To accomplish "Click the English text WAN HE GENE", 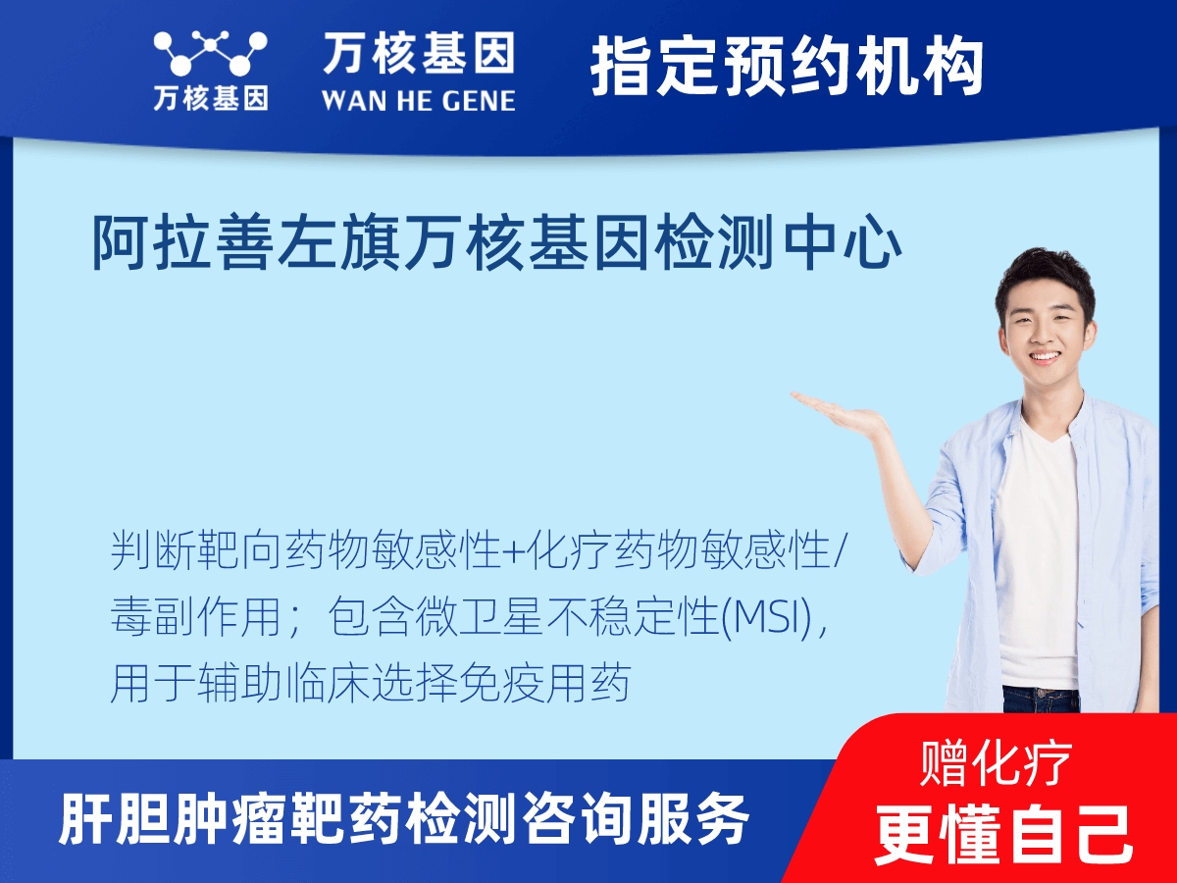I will click(x=418, y=99).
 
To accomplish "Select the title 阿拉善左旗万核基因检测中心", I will click(x=496, y=245).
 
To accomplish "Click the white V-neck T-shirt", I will click(x=1038, y=549).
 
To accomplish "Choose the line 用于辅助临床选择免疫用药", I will click(x=369, y=684).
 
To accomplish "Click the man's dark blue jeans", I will click(x=1040, y=699).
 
